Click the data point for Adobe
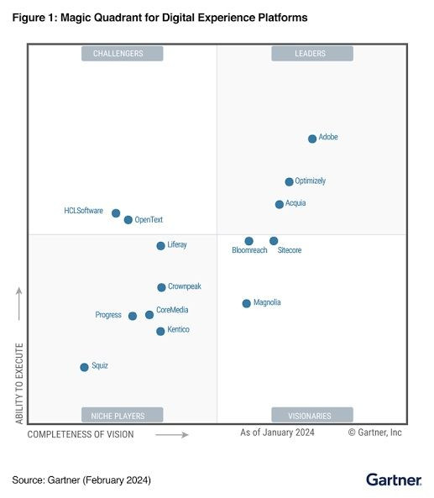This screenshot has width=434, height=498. [x=312, y=139]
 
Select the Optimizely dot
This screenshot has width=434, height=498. [x=290, y=181]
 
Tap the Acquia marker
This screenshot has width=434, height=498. [x=280, y=204]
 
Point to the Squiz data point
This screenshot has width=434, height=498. [x=84, y=367]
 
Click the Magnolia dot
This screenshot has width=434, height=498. [x=246, y=303]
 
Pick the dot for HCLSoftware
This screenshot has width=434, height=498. [x=116, y=213]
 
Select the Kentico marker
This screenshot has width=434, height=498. [x=160, y=331]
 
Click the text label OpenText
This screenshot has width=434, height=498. [x=149, y=220]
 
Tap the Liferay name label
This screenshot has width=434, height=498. [x=177, y=245]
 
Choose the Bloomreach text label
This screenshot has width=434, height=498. [x=249, y=251]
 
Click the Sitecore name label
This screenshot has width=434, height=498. [x=289, y=251]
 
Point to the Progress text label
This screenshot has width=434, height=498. [x=108, y=315]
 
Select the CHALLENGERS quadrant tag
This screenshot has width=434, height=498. [x=123, y=54]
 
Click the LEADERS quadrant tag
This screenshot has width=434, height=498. [x=311, y=54]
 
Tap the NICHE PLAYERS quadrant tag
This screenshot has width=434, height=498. [x=123, y=415]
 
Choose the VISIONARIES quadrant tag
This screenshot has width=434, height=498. [x=311, y=415]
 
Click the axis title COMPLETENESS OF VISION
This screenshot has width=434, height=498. [x=81, y=434]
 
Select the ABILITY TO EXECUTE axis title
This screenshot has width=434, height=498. [x=19, y=382]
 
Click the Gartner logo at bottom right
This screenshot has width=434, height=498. [x=393, y=480]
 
